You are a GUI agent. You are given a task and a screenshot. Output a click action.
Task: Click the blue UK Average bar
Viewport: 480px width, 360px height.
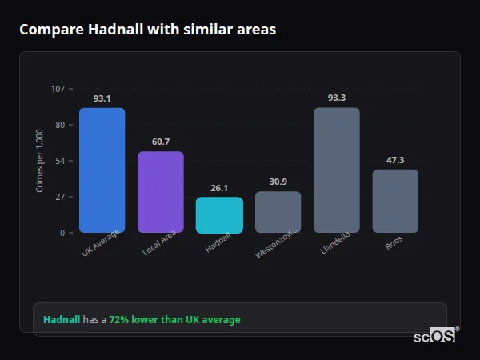[102, 170]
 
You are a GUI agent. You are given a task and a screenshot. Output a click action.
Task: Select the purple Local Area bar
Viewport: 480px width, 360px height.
[160, 192]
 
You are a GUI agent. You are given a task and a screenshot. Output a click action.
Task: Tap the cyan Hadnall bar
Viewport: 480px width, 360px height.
[219, 215]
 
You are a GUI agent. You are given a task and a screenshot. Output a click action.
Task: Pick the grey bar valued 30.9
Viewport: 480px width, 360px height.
[278, 212]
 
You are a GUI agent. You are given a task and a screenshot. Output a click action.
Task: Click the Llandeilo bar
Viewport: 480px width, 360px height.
[337, 170]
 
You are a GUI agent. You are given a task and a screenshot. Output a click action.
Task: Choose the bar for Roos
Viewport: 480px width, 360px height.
[395, 201]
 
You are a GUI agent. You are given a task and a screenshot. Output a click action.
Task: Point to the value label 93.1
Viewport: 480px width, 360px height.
[102, 98]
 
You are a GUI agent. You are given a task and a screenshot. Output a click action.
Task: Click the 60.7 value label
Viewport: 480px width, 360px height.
[160, 142]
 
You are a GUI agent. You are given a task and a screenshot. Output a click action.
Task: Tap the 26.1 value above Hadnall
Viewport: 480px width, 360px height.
[219, 188]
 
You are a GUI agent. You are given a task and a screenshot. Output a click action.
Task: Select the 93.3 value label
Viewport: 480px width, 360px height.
[337, 98]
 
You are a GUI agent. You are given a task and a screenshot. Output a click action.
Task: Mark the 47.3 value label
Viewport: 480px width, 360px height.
[395, 160]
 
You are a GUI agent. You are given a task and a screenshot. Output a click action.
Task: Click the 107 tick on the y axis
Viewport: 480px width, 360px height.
[58, 89]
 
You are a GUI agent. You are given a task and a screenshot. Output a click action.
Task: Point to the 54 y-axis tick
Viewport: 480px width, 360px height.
[60, 161]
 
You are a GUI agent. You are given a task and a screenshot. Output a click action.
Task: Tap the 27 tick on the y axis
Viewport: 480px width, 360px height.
[60, 197]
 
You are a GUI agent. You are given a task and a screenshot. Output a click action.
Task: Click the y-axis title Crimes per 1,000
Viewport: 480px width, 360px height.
[40, 161]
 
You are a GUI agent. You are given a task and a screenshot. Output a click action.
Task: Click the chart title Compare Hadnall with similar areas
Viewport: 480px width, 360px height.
[147, 30]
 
